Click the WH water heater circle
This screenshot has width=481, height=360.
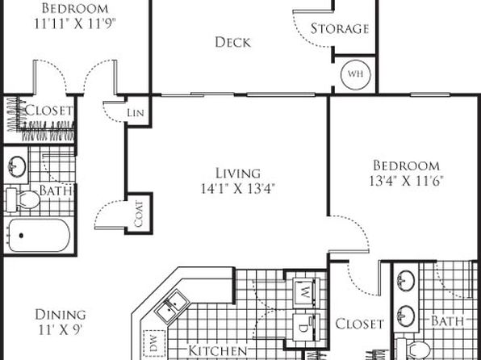click(356, 74)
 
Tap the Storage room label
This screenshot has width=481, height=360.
click(340, 28)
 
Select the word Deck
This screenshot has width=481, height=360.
click(232, 42)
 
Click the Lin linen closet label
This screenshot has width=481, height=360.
click(136, 113)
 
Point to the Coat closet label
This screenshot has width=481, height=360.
click(139, 214)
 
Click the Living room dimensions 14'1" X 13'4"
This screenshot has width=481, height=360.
click(237, 188)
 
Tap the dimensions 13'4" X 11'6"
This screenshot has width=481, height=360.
click(407, 181)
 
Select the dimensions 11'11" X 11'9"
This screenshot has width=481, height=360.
click(75, 23)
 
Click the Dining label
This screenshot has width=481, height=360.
click(61, 315)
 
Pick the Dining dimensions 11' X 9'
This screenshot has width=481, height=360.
click(61, 329)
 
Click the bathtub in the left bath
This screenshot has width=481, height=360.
click(39, 235)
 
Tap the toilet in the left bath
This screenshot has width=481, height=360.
click(23, 200)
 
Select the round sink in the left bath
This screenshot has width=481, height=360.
click(17, 166)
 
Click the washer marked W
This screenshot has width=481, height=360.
click(306, 292)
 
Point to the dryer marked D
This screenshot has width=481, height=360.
click(306, 327)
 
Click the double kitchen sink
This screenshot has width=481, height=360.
click(172, 306)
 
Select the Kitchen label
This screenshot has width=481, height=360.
click(217, 350)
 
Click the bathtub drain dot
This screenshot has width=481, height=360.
click(21, 236)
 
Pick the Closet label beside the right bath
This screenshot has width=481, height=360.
click(359, 324)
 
